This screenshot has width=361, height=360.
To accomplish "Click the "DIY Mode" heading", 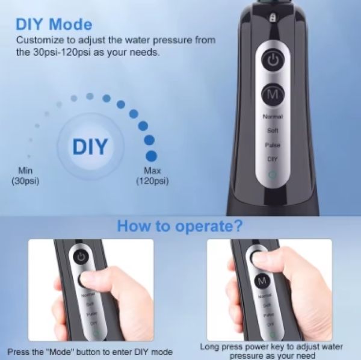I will click(x=54, y=25).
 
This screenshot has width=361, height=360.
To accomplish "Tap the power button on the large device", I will click(x=273, y=61).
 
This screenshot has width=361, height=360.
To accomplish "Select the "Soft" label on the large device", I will click(x=273, y=130).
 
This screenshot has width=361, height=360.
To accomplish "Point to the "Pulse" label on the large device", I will click(x=273, y=145).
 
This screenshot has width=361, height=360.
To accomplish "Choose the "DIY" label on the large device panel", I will click(x=272, y=159).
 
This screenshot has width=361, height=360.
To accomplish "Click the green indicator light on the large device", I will click(x=272, y=175).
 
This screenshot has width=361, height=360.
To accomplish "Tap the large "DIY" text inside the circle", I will click(x=90, y=146).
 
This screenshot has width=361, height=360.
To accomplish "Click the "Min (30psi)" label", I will click(x=25, y=176).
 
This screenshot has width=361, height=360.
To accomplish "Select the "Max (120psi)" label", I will click(x=152, y=176).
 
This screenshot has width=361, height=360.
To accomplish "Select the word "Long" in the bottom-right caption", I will click(x=210, y=347).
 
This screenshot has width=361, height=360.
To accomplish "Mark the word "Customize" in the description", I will click(x=37, y=40).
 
